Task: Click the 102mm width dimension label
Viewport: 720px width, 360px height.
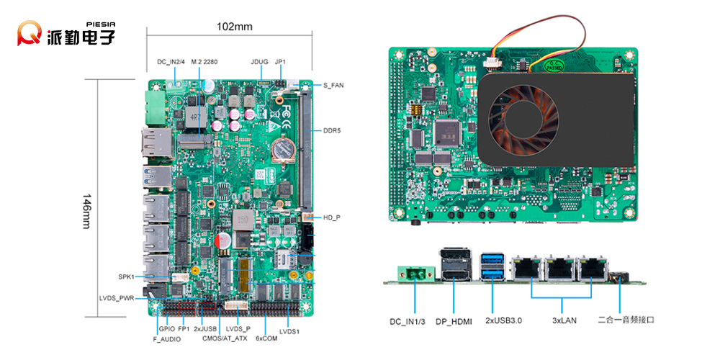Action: [x=235, y=27]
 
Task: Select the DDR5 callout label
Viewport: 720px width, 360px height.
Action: [x=332, y=130]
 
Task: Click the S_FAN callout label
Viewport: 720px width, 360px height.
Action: [x=333, y=86]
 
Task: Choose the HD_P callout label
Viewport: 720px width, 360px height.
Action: [x=331, y=217]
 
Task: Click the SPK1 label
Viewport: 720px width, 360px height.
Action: [x=126, y=276]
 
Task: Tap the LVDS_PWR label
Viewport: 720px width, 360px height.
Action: [x=117, y=297]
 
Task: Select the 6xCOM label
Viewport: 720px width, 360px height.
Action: [x=266, y=338]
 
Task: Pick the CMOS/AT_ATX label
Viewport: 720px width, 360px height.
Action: [x=225, y=338]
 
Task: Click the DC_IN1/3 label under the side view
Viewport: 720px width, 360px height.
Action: [x=408, y=320]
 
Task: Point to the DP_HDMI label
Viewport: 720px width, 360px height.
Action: [x=454, y=320]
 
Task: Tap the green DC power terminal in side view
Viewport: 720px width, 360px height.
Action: [x=415, y=272]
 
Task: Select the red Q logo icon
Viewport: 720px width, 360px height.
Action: [x=31, y=33]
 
